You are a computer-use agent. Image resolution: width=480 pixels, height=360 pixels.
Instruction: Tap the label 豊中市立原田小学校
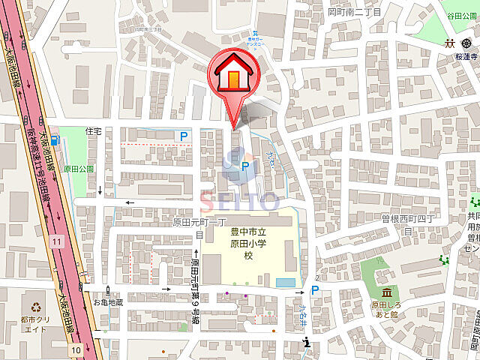[x=247, y=243]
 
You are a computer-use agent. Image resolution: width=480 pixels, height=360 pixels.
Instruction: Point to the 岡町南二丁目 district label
[x=354, y=13]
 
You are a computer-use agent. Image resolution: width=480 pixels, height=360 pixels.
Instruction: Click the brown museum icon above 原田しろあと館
[x=385, y=292]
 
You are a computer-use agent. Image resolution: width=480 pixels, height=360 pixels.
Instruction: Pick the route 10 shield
[x=76, y=349]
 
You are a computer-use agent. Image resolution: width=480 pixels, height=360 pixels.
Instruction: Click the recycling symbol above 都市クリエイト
[x=37, y=306]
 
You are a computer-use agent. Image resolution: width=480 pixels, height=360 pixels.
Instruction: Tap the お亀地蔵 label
[x=107, y=301]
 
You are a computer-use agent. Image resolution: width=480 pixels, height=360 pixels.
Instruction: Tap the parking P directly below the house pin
[x=245, y=166]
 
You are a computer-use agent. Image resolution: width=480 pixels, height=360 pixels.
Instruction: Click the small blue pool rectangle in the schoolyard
[x=286, y=282]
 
